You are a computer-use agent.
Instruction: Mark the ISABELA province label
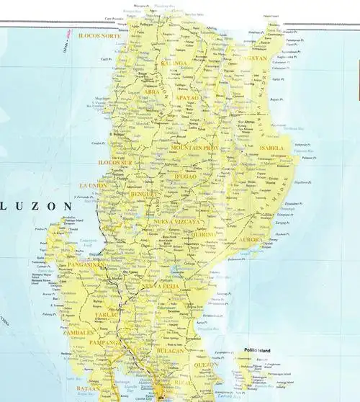(x=271, y=148)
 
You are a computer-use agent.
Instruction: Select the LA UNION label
(x=94, y=185)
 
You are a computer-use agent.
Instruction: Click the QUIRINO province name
(x=203, y=233)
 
